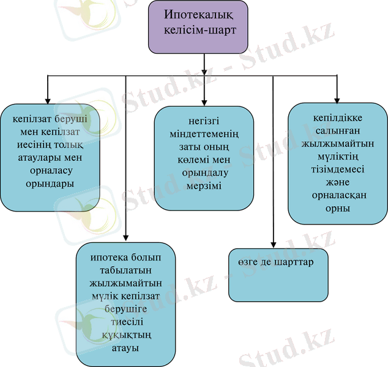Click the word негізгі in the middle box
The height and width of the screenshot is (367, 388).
(x=204, y=120)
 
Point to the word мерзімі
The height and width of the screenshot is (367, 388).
(x=204, y=185)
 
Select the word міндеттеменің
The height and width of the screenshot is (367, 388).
(x=204, y=133)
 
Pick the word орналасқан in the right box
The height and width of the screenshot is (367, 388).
(x=338, y=195)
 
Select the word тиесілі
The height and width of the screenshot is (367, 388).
(x=125, y=322)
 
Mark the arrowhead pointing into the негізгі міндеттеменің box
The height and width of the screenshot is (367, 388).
(x=204, y=101)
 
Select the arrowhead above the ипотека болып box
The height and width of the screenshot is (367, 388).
(x=126, y=237)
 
